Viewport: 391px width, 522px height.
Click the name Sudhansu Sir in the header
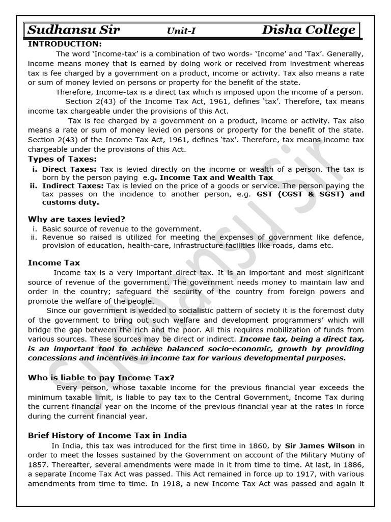74,31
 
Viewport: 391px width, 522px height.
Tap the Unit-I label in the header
181,32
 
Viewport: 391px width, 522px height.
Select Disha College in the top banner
309,31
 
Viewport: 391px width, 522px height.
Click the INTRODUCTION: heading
65,44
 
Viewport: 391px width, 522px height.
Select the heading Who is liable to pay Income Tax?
101,377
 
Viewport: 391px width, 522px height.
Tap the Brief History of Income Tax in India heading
107,435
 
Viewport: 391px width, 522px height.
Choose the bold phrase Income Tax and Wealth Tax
216,177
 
